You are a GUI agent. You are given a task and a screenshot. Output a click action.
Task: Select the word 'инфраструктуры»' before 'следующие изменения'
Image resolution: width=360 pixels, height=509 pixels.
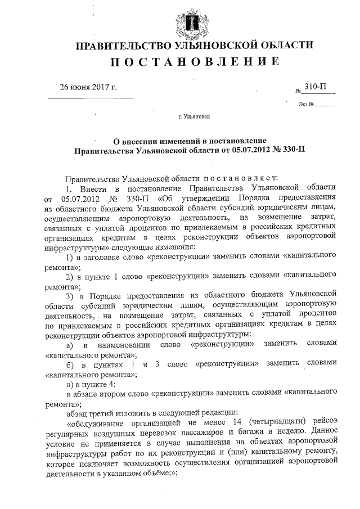coord(76,247)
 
